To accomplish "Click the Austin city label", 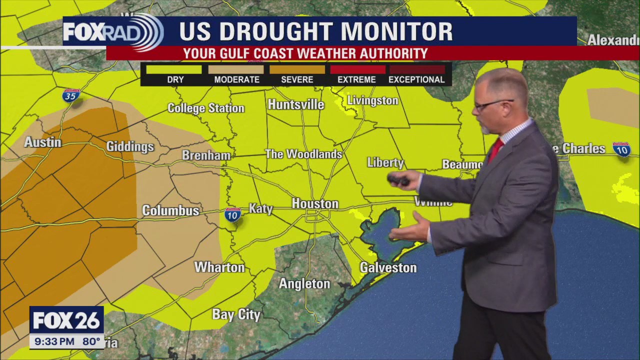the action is pyautogui.click(x=43, y=142).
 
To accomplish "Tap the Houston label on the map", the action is pyautogui.click(x=315, y=204).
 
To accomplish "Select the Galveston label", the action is pyautogui.click(x=388, y=267).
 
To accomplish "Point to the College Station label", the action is pyautogui.click(x=206, y=108).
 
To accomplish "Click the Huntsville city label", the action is pyautogui.click(x=296, y=104).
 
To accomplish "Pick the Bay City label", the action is pyautogui.click(x=236, y=314).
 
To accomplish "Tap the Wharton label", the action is pyautogui.click(x=219, y=267).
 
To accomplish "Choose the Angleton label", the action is pyautogui.click(x=304, y=284).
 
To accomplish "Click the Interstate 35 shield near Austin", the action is pyautogui.click(x=71, y=95).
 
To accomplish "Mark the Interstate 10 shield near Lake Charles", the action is pyautogui.click(x=621, y=149).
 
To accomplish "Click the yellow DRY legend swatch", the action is pyautogui.click(x=175, y=69).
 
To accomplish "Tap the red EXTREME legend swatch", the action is pyautogui.click(x=357, y=69).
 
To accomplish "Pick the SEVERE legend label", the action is pyautogui.click(x=297, y=79).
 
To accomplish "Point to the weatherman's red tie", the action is pyautogui.click(x=495, y=150).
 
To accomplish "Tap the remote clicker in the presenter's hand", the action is pyautogui.click(x=398, y=179).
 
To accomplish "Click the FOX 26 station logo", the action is pyautogui.click(x=66, y=320).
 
